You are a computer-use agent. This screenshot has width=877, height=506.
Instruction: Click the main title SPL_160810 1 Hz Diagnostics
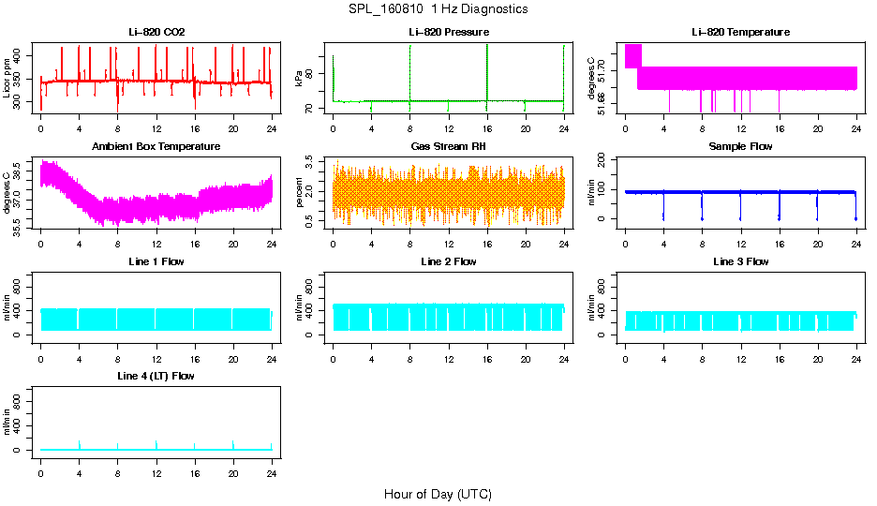click(438, 9)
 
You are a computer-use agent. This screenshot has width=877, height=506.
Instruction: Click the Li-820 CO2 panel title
click(156, 33)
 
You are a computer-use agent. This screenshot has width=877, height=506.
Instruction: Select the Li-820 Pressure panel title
click(448, 33)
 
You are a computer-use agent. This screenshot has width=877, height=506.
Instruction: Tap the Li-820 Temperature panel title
click(740, 33)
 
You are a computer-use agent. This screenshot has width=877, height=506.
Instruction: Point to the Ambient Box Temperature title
click(156, 147)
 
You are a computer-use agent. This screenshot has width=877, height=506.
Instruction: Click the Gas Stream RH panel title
click(448, 147)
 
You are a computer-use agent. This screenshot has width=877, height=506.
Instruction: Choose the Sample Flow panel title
click(740, 147)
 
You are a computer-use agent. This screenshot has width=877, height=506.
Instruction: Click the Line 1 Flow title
click(156, 261)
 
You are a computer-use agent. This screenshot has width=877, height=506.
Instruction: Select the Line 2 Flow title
click(448, 261)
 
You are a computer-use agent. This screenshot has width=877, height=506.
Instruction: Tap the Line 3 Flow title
click(740, 261)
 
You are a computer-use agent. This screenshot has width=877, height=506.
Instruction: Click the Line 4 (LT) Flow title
click(156, 376)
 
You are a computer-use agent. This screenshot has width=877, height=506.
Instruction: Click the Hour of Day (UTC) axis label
click(438, 494)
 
